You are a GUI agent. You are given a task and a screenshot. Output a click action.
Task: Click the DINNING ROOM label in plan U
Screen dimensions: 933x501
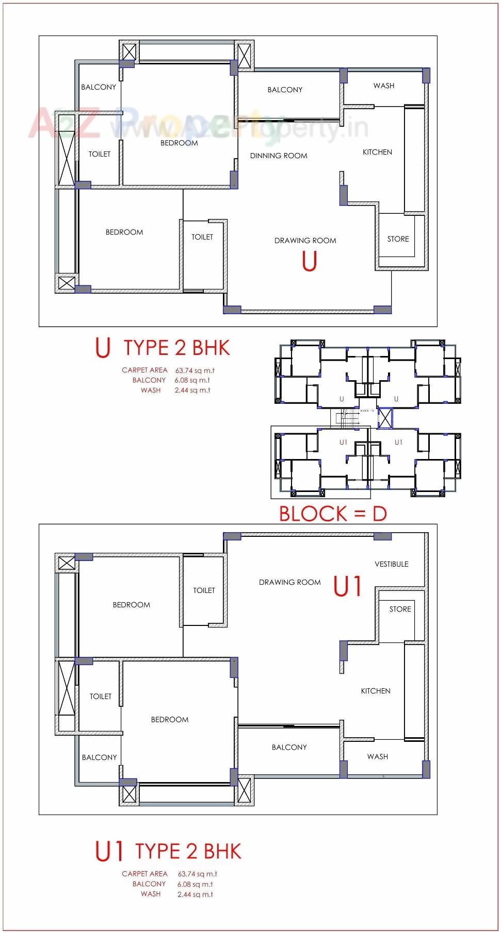click(278, 156)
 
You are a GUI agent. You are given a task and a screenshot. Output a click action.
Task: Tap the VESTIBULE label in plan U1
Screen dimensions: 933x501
click(391, 564)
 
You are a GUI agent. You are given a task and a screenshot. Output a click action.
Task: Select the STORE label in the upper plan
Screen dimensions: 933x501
click(398, 239)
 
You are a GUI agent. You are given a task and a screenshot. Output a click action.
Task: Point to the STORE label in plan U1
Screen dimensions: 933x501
click(400, 609)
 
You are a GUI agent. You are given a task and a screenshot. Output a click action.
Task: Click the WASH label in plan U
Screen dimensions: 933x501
click(383, 86)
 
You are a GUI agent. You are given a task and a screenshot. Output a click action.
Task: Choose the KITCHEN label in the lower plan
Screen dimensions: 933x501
click(375, 691)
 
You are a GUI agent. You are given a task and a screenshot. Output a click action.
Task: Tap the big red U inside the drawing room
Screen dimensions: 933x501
click(309, 261)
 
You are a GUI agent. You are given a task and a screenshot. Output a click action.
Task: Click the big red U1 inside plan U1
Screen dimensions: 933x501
click(347, 586)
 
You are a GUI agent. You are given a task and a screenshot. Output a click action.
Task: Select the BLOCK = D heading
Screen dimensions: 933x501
click(333, 514)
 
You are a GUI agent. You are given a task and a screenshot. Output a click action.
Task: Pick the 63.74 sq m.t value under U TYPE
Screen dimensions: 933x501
click(195, 370)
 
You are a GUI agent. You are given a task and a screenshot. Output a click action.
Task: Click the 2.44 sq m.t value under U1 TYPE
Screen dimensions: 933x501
click(195, 894)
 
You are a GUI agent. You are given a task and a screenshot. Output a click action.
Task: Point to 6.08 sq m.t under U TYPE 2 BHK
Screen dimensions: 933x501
click(192, 380)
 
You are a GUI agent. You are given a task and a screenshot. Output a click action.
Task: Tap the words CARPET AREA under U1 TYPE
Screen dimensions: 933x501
click(144, 874)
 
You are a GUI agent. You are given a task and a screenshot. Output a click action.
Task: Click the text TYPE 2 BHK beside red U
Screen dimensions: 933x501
click(176, 348)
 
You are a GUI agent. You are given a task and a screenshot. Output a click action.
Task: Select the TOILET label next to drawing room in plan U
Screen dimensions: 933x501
click(202, 237)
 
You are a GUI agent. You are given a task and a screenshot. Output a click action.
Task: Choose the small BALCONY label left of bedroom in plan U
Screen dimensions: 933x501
click(98, 87)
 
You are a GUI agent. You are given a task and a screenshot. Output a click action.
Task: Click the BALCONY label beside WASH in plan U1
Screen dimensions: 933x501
click(289, 747)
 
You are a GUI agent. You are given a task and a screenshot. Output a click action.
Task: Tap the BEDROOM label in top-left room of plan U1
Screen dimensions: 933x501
click(131, 605)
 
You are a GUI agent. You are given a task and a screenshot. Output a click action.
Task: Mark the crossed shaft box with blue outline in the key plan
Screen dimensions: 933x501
click(384, 418)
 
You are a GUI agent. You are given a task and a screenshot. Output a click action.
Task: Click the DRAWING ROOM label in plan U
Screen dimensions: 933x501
click(305, 241)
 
